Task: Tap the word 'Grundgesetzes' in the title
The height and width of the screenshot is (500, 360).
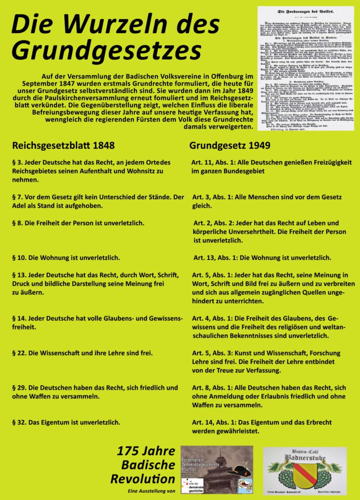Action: click(106, 50)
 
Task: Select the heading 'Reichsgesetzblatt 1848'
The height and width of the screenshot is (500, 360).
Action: click(64, 146)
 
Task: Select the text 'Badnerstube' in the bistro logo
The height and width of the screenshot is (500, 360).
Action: click(305, 458)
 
